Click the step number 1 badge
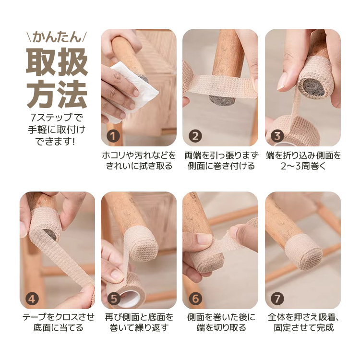pos(113,136)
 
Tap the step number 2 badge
pos(195,136)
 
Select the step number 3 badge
pos(277,136)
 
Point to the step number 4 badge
pos(32,299)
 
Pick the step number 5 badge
pos(114,299)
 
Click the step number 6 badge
pos(195,299)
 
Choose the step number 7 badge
pos(277,299)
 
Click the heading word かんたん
pos(57,37)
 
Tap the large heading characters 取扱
pos(57,62)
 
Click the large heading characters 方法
pos(57,95)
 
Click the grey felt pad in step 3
pos(312,88)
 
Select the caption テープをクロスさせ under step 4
pos(58,317)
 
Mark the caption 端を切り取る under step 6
pos(221,328)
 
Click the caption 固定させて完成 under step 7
pos(303,328)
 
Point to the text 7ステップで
pos(57,118)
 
